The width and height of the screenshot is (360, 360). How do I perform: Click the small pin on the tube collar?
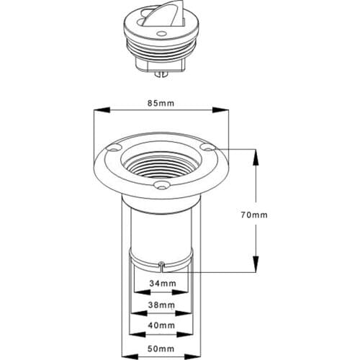163,265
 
